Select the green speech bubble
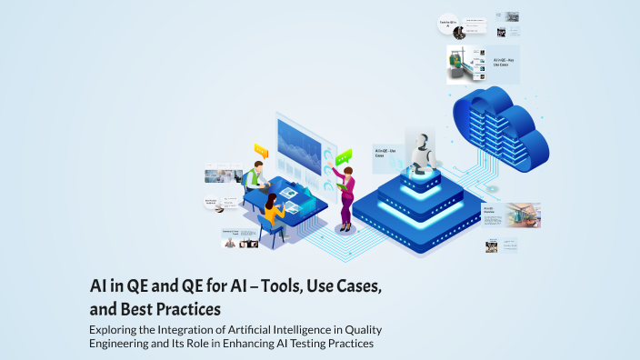coord(343,157)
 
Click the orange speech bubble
coord(262,150)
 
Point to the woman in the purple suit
coord(345,196)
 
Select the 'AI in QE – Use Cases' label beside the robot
coord(385,152)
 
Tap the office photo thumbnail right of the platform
coord(523,215)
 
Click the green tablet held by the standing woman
coord(337,185)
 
